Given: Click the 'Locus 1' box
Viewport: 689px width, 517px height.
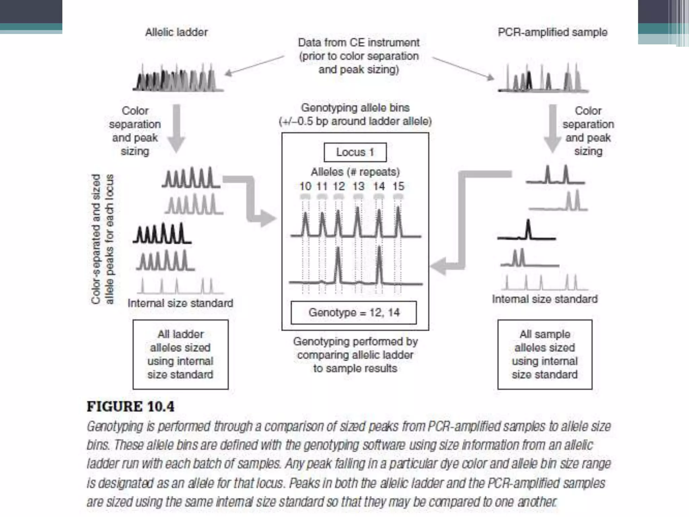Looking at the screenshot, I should pyautogui.click(x=355, y=152).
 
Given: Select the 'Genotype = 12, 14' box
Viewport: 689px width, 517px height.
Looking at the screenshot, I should pyautogui.click(x=354, y=313).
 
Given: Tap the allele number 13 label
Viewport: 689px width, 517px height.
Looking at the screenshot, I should pyautogui.click(x=358, y=186).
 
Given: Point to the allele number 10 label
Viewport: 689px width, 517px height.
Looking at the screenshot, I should pyautogui.click(x=305, y=186).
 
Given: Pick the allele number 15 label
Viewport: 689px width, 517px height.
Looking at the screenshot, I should pyautogui.click(x=398, y=186).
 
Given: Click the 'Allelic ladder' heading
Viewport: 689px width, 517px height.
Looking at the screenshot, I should pyautogui.click(x=176, y=32).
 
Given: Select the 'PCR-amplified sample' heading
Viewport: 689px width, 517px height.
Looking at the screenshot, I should pyautogui.click(x=552, y=32).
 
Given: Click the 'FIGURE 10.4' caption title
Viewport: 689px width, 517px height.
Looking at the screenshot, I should pyautogui.click(x=131, y=407).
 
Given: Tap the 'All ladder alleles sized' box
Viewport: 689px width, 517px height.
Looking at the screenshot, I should pyautogui.click(x=180, y=354).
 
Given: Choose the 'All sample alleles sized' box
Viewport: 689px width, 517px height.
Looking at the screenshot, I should pyautogui.click(x=545, y=354).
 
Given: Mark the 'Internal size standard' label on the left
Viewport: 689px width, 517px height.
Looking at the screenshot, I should pyautogui.click(x=180, y=303).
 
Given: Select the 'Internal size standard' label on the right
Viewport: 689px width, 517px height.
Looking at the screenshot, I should pyautogui.click(x=545, y=299).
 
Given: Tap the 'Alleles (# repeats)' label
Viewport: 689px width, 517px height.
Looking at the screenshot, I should pyautogui.click(x=355, y=172).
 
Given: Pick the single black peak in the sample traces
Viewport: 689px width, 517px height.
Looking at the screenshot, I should pyautogui.click(x=528, y=230).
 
